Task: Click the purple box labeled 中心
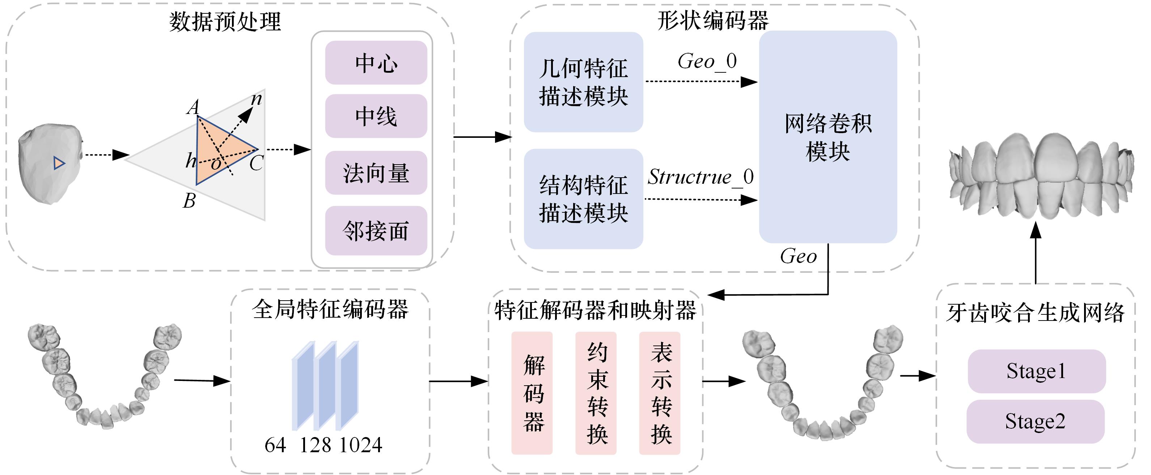376,63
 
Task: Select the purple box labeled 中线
376,116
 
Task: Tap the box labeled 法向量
376,173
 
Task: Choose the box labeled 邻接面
376,230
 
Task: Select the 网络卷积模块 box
828,137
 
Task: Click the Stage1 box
1036,371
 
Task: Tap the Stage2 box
1035,421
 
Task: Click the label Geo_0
707,61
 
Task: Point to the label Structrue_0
700,177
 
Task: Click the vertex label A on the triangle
193,107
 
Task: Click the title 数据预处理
225,21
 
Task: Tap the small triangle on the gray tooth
59,163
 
